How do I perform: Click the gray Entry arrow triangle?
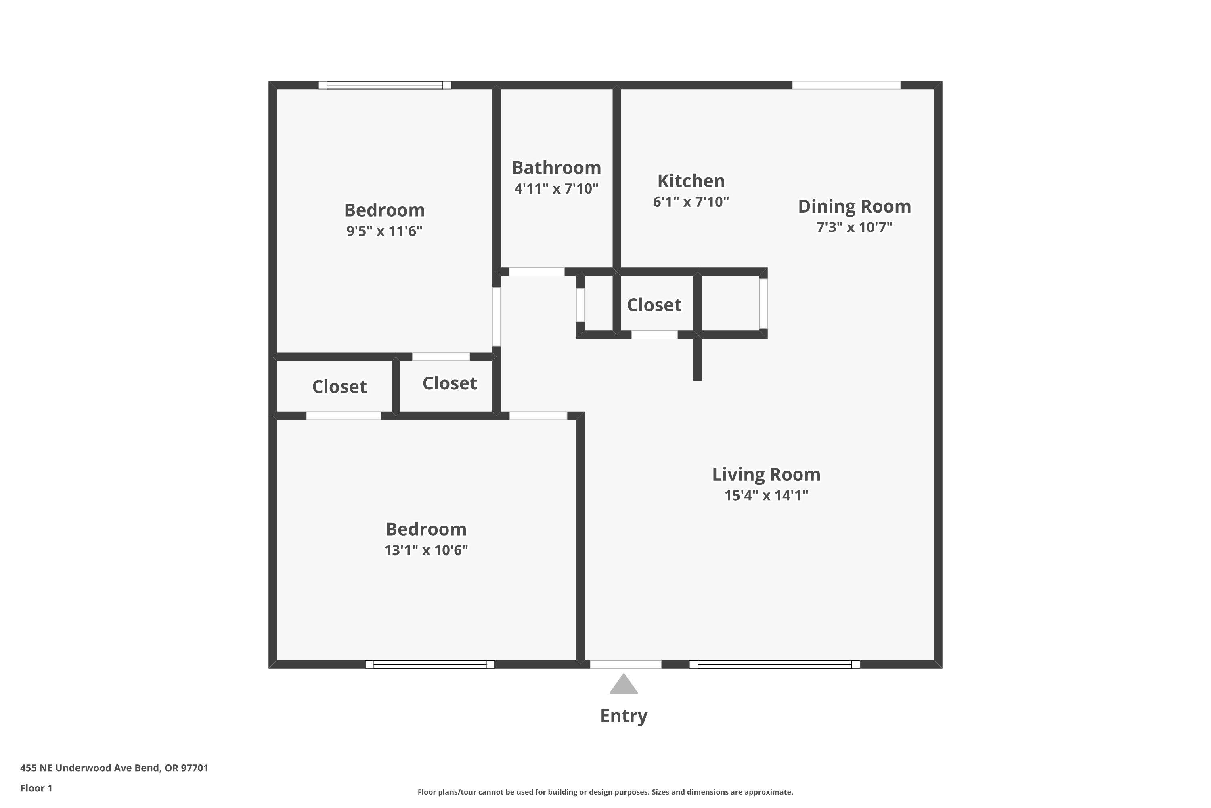(624, 685)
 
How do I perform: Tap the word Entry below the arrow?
(624, 716)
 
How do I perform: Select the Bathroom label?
(556, 168)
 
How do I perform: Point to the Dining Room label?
(854, 206)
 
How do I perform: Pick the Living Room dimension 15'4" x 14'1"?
(766, 495)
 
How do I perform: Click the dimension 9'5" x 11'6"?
(384, 231)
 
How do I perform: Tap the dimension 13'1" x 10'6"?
(426, 550)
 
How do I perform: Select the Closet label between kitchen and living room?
(654, 305)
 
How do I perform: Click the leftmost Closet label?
(339, 387)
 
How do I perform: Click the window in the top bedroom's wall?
(385, 85)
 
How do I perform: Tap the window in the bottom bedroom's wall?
(430, 664)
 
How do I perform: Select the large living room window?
(774, 664)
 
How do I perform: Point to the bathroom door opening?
(536, 272)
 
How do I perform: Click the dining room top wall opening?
(846, 85)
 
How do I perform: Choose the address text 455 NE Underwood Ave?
(114, 768)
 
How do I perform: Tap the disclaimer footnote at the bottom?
(605, 792)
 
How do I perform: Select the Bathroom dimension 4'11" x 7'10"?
(556, 189)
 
